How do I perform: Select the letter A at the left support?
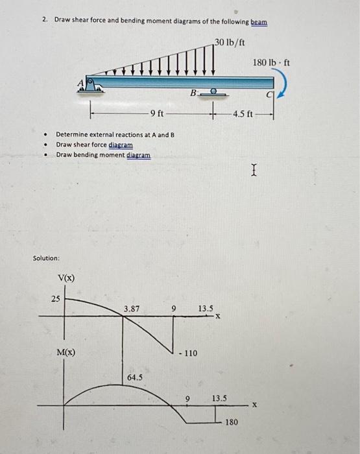pyautogui.click(x=81, y=82)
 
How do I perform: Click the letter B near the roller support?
pyautogui.click(x=193, y=94)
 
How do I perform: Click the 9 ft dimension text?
pyautogui.click(x=157, y=114)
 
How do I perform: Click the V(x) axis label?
pyautogui.click(x=66, y=278)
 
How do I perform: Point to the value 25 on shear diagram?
pyautogui.click(x=56, y=298)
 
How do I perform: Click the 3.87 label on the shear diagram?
pyautogui.click(x=132, y=309)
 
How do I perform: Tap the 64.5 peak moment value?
pyautogui.click(x=135, y=377)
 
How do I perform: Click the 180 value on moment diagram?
pyautogui.click(x=231, y=422)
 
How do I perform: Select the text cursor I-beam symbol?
pyautogui.click(x=253, y=171)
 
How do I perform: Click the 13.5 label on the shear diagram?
pyautogui.click(x=206, y=309)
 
